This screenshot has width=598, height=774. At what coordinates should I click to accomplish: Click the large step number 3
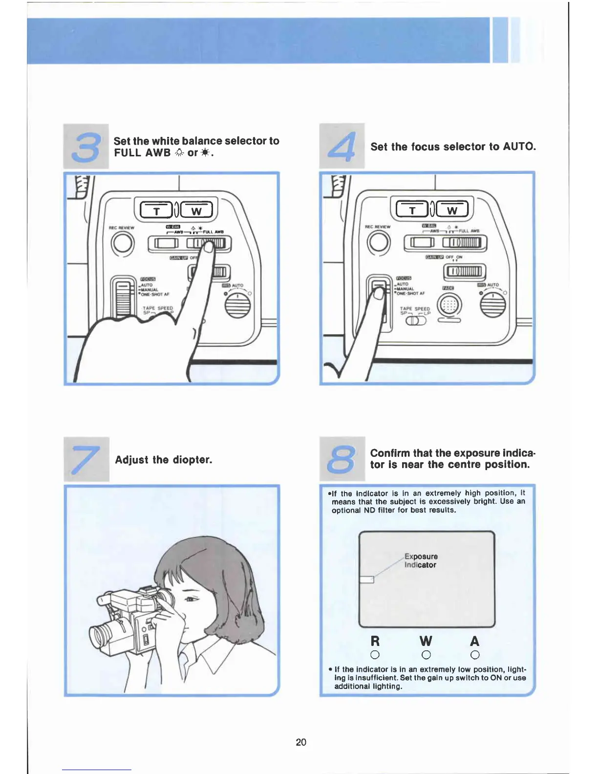86,147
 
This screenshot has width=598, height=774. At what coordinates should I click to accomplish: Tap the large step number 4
342,147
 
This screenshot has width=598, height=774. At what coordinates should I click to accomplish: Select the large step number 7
86,459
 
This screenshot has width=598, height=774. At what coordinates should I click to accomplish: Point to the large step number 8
342,459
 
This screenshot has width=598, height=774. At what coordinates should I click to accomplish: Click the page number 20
301,742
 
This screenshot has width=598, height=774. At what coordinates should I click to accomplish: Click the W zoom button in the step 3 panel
196,211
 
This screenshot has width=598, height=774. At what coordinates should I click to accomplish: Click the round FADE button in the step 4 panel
448,306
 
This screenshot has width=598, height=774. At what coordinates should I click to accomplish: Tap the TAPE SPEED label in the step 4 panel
415,309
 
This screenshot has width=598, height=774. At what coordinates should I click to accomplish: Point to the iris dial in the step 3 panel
237,305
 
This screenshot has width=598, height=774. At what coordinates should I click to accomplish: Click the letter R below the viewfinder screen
375,641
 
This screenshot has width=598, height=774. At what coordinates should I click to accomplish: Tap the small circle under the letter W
426,655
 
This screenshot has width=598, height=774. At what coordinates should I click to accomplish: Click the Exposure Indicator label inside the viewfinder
421,560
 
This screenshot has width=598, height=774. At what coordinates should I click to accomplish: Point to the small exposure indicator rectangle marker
366,580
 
